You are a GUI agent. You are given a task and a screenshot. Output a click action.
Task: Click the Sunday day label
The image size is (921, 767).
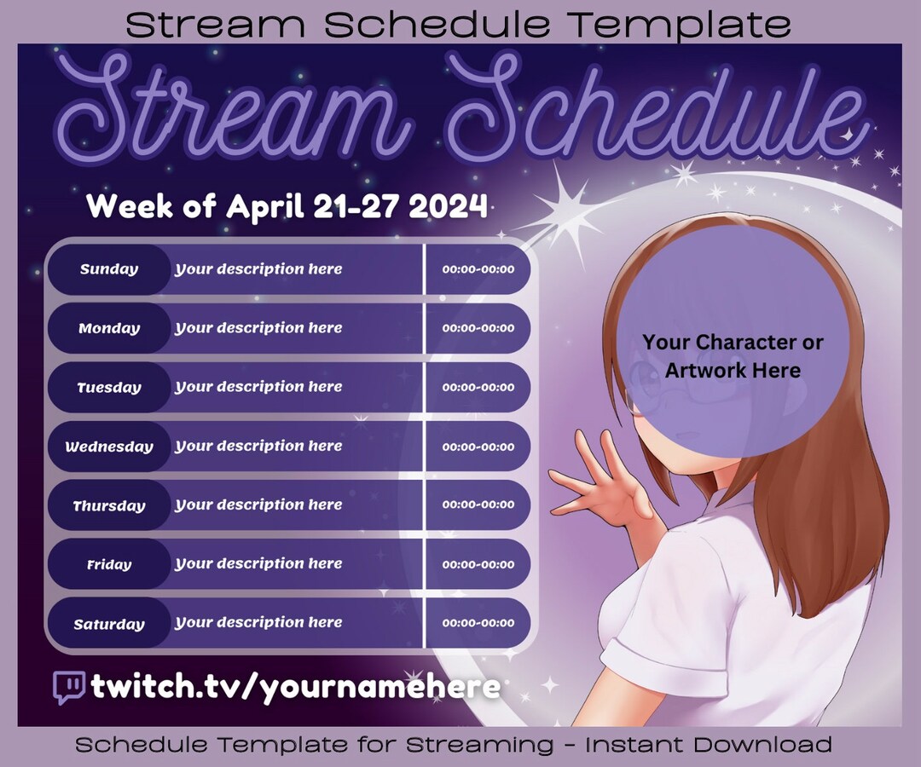109,269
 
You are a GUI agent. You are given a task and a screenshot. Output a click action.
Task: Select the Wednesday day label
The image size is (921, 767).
109,447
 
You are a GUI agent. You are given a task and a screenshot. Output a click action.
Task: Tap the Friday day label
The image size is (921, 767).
109,564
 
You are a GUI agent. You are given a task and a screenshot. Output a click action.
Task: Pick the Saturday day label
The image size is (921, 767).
109,624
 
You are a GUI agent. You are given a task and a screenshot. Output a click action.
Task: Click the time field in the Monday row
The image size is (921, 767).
478,328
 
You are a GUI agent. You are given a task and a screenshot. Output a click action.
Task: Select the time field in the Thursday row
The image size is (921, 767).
478,505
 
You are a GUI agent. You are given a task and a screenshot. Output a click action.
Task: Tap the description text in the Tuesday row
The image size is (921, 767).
258,387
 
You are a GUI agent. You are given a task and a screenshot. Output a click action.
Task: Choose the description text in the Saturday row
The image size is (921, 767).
258,623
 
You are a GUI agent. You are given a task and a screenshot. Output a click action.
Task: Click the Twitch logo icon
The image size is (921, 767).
68,687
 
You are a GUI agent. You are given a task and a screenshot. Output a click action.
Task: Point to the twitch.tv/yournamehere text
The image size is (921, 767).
294,687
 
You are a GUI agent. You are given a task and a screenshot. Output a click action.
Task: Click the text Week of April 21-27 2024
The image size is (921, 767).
287,206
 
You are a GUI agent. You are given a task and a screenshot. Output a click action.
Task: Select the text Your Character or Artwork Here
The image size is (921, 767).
733,356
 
